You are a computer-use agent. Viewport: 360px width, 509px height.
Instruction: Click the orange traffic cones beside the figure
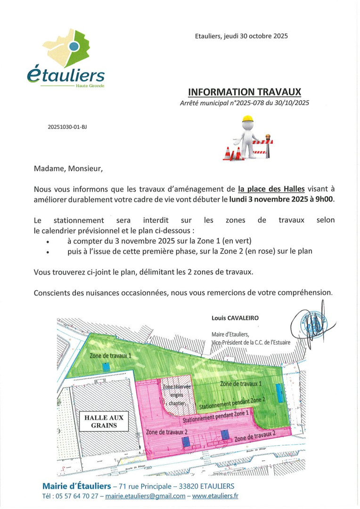click(233, 153)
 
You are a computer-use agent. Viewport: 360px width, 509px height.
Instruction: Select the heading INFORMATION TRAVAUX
click(244, 91)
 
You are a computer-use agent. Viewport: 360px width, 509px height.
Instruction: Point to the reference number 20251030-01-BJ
click(67, 127)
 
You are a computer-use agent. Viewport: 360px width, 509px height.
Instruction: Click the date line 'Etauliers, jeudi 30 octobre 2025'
click(241, 36)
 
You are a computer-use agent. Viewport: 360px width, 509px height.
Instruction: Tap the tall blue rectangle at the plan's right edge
click(280, 393)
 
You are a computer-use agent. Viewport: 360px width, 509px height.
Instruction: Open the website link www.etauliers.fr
click(215, 496)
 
